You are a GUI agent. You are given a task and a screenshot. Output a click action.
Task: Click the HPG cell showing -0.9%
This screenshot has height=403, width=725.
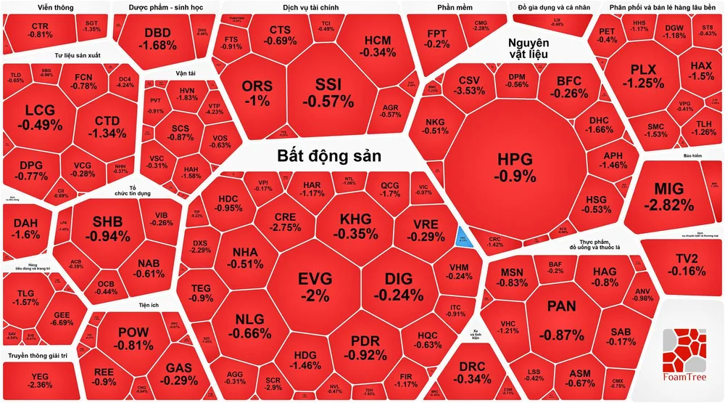click(515, 167)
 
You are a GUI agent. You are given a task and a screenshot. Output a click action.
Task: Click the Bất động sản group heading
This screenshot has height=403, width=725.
click(329, 156)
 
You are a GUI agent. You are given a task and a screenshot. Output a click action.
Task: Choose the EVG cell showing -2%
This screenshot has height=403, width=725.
click(315, 285)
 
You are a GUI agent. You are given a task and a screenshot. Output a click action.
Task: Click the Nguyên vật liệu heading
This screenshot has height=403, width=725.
click(528, 49)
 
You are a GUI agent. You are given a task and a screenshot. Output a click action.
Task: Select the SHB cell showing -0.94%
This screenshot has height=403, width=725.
click(106, 228)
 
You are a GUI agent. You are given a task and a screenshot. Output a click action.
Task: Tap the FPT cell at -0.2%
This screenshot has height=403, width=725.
click(437, 38)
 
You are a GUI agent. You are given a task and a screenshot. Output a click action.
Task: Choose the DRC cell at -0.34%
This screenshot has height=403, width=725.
click(476, 373)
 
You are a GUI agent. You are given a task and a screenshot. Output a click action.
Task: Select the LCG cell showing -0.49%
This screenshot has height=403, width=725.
click(43, 116)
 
